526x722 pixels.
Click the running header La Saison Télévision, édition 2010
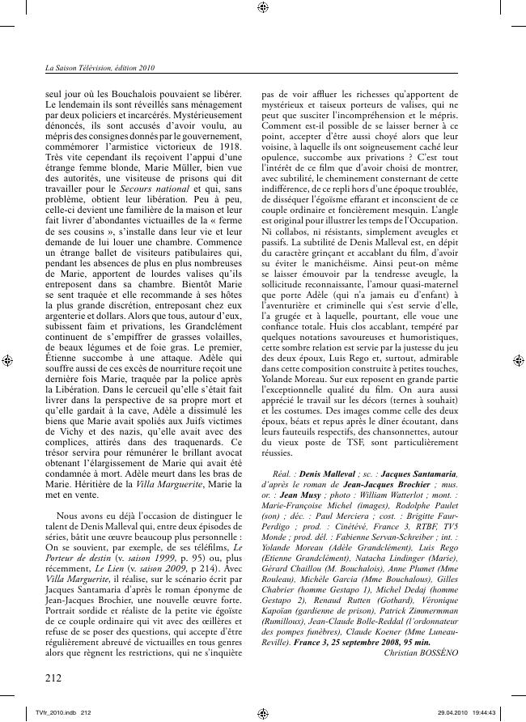coord(100,69)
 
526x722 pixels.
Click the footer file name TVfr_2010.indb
coord(50,712)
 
